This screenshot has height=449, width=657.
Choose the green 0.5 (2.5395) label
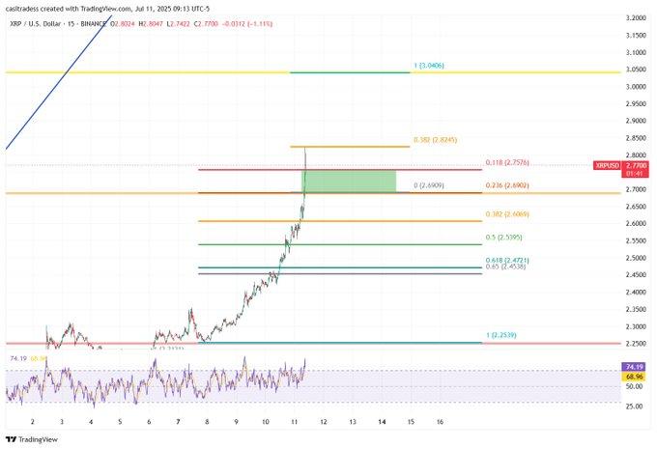click(505, 238)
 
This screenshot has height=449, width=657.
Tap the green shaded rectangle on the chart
click(350, 181)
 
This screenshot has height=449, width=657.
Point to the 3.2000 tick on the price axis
click(634, 18)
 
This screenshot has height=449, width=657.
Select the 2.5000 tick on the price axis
click(634, 258)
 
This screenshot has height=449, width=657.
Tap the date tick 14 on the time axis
click(382, 422)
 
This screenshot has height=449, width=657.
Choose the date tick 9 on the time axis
click(236, 422)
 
